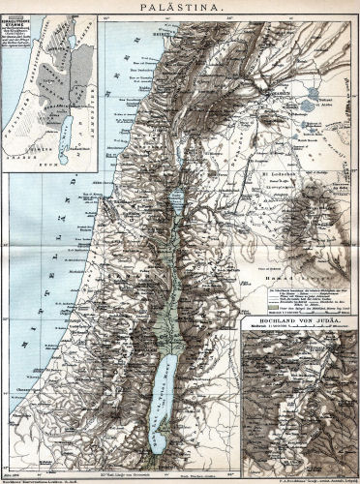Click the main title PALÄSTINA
[181, 7]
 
